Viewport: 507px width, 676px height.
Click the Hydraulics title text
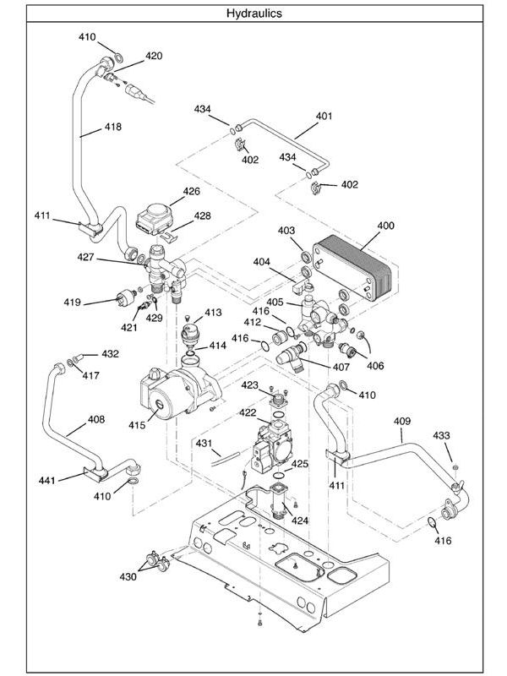(254, 14)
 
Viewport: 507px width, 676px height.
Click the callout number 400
(385, 226)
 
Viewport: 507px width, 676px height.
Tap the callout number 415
(138, 424)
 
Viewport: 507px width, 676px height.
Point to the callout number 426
(191, 191)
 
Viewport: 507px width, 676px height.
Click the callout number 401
(324, 115)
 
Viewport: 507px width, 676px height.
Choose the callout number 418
(112, 128)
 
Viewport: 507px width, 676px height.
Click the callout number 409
(402, 420)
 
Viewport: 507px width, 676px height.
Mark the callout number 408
(96, 418)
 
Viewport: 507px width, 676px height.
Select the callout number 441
(46, 480)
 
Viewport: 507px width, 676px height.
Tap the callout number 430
(127, 577)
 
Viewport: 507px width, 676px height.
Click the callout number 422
(247, 412)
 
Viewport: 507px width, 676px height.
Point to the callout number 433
(442, 435)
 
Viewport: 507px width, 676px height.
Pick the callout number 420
(154, 56)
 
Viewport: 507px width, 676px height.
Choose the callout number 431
(204, 443)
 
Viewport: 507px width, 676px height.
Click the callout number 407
(341, 367)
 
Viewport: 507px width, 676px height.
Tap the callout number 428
(203, 216)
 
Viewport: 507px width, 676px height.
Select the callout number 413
(213, 313)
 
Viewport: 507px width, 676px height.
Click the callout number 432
(110, 353)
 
